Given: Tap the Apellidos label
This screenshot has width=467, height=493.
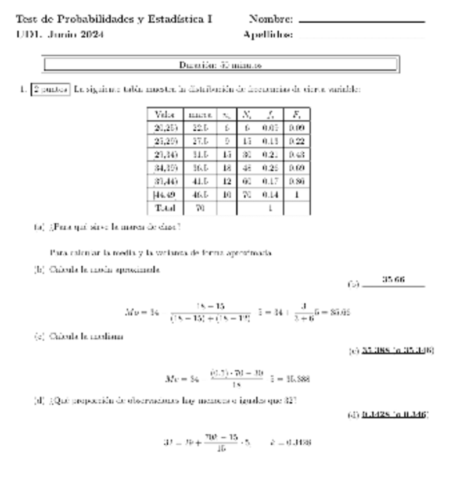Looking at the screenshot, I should (x=268, y=34).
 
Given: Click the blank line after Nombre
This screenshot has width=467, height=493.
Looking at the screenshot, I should (x=361, y=22).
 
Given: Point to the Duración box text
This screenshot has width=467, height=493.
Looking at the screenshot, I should (x=220, y=65).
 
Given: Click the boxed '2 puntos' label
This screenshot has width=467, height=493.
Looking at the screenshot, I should (x=51, y=90).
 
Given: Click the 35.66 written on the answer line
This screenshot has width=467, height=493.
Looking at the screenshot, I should (x=393, y=280).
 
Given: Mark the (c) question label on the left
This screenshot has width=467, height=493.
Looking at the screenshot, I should (x=39, y=336).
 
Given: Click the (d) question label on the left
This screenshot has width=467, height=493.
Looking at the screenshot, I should (x=39, y=400).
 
